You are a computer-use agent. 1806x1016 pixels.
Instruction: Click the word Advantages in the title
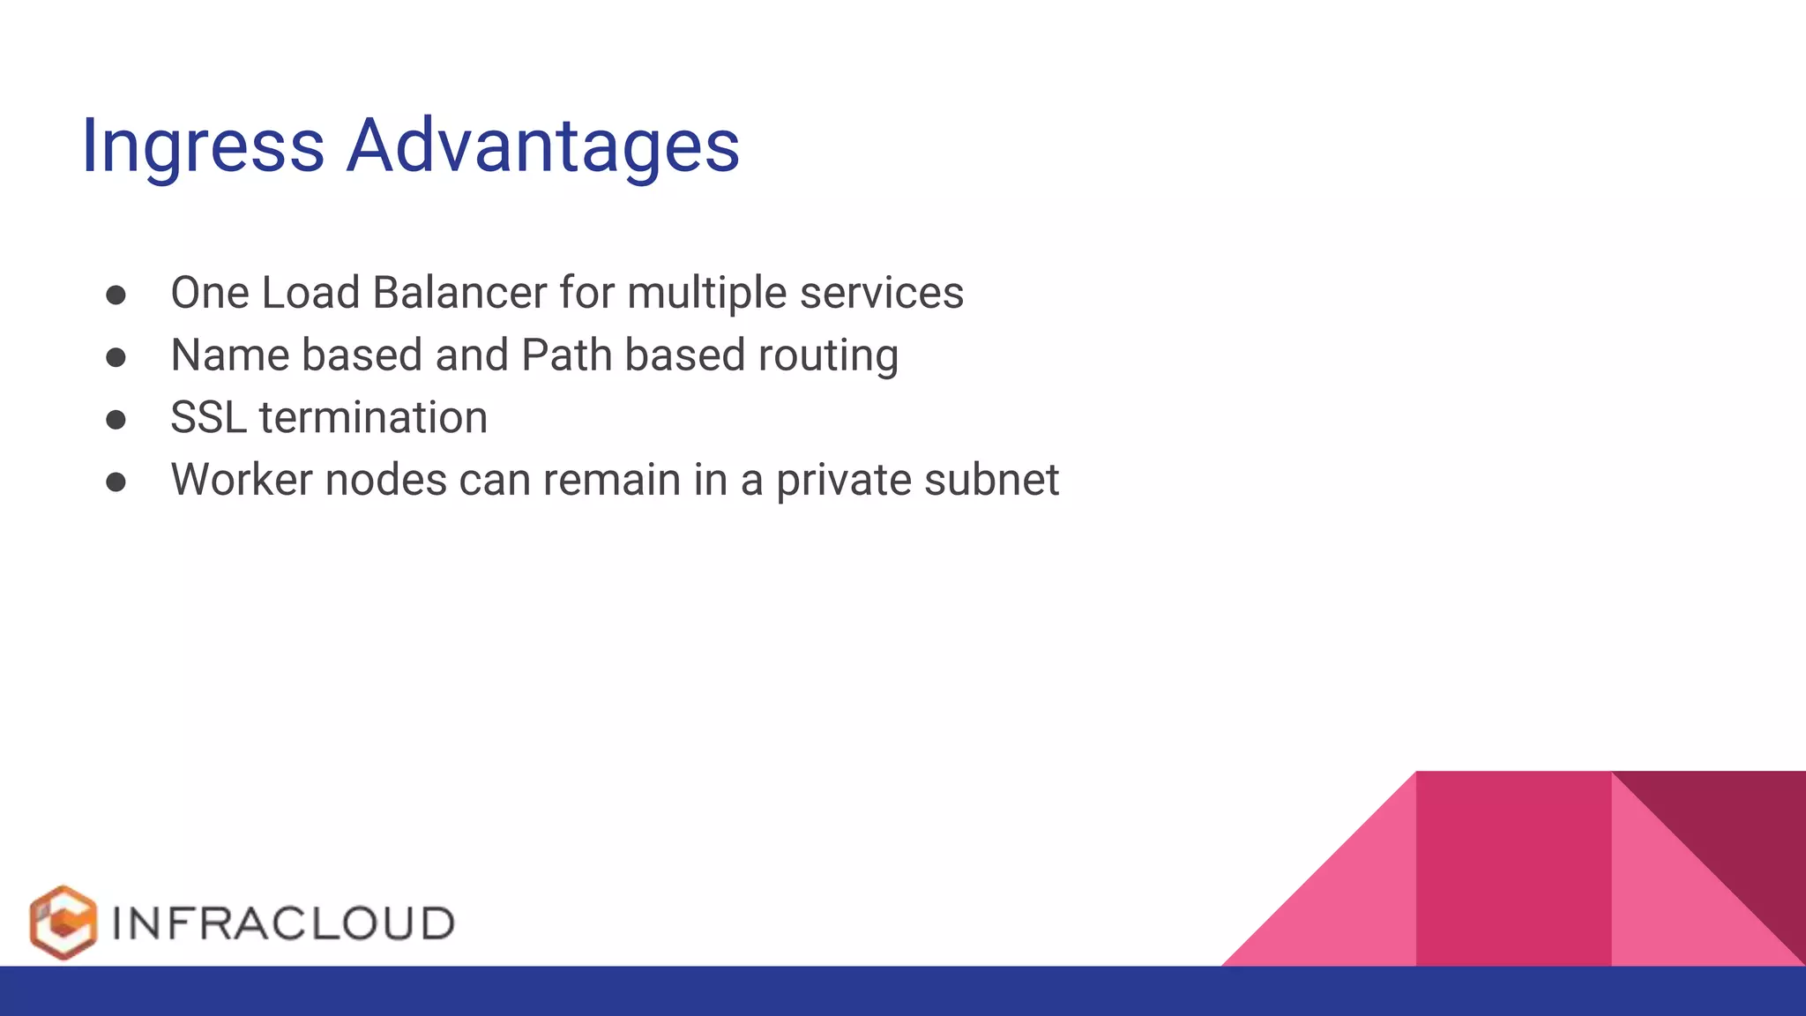tap(542, 146)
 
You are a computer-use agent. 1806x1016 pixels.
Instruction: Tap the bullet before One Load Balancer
tap(116, 295)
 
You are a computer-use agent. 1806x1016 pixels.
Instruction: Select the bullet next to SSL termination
tap(116, 420)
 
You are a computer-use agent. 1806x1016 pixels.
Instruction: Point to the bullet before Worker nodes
tap(116, 482)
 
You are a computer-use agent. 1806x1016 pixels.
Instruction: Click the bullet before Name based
tap(116, 357)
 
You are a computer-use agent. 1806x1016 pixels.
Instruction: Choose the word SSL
tap(208, 418)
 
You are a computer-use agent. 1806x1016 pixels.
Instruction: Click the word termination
tap(373, 418)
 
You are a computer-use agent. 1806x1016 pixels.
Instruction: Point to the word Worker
tap(242, 481)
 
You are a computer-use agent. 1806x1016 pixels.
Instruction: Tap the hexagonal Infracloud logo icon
tap(63, 923)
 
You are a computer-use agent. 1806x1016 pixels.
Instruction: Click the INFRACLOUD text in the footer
tap(283, 923)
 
